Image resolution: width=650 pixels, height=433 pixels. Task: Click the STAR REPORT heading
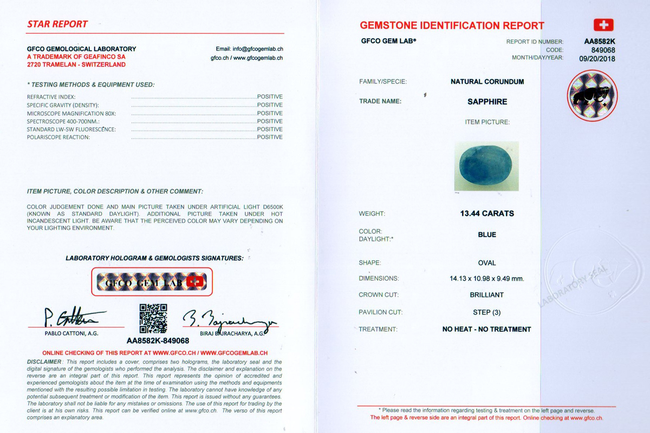click(x=57, y=24)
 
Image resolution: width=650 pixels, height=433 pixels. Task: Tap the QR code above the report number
click(x=153, y=318)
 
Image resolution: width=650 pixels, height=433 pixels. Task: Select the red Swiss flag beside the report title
click(x=603, y=25)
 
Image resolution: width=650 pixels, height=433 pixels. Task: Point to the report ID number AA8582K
click(x=600, y=42)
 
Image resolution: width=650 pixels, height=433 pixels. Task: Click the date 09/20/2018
click(x=597, y=58)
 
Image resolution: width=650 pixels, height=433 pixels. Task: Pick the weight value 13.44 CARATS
click(x=487, y=213)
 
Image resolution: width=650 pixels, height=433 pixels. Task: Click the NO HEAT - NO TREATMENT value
click(x=486, y=329)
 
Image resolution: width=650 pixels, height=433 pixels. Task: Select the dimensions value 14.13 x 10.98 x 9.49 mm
click(x=487, y=279)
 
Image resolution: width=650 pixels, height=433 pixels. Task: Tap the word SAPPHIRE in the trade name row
click(x=487, y=101)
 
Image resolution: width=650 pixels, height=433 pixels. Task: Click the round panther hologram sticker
click(x=592, y=96)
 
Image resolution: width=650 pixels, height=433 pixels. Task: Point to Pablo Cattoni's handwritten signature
click(x=73, y=317)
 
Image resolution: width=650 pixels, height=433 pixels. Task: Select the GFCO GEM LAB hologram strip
click(x=152, y=282)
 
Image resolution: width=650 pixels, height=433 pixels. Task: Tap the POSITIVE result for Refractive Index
click(x=270, y=97)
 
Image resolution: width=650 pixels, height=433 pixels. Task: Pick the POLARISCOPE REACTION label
click(x=58, y=137)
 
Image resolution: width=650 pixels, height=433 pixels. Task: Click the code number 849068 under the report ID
click(x=603, y=50)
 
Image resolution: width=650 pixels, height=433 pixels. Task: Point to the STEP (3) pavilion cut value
click(x=486, y=312)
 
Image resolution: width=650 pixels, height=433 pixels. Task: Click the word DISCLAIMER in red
click(x=44, y=362)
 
